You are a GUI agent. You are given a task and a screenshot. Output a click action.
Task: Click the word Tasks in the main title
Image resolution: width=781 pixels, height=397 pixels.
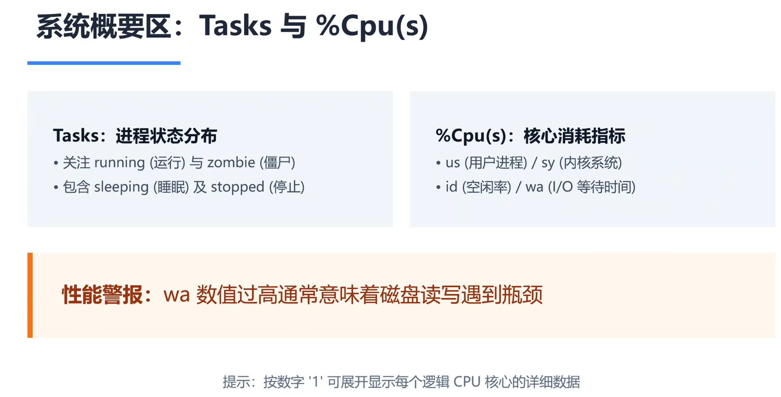[x=235, y=26]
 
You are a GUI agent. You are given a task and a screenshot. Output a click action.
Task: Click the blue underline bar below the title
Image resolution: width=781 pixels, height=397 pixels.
[x=104, y=63]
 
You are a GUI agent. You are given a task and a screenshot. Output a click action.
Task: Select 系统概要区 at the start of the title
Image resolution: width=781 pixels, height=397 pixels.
[x=104, y=26]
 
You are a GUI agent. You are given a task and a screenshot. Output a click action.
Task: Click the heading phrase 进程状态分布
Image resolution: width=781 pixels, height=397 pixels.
[x=166, y=136]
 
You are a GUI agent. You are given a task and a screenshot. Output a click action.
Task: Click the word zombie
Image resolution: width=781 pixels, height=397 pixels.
[x=231, y=162]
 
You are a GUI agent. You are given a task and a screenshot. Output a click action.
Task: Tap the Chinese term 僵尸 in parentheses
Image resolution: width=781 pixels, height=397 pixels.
[x=277, y=163]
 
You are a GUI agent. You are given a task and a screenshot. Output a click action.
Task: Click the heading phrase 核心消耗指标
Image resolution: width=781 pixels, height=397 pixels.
[x=575, y=136]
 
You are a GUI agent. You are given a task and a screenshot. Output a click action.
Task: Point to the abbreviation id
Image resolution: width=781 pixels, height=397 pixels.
[x=451, y=187]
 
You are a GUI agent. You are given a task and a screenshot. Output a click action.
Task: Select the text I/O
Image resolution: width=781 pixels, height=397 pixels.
[x=563, y=187]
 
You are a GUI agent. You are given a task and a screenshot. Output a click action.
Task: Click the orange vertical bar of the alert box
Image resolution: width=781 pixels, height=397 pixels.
[x=30, y=295]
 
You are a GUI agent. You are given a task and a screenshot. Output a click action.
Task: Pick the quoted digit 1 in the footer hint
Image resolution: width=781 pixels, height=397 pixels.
[x=316, y=382]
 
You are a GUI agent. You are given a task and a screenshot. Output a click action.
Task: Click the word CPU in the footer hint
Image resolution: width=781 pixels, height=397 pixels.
[x=467, y=382]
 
